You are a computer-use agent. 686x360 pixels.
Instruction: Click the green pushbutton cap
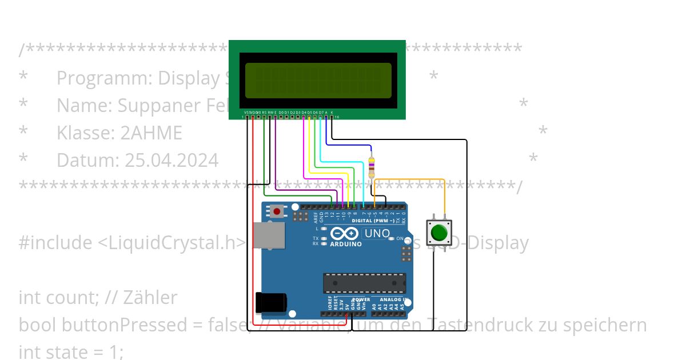439,233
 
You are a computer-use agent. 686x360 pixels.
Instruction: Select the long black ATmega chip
364,283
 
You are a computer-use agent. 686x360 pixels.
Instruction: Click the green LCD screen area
318,80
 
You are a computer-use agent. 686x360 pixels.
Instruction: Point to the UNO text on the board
377,233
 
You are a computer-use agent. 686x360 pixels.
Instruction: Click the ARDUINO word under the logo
346,244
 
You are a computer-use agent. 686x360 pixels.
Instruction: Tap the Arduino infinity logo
345,234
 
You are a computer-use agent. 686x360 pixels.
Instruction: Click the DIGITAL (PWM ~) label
372,221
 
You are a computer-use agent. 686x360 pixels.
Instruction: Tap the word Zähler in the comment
153,298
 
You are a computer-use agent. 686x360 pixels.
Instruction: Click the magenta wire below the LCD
304,149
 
